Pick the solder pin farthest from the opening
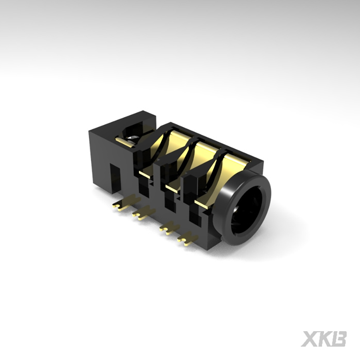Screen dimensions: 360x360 (118, 207)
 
